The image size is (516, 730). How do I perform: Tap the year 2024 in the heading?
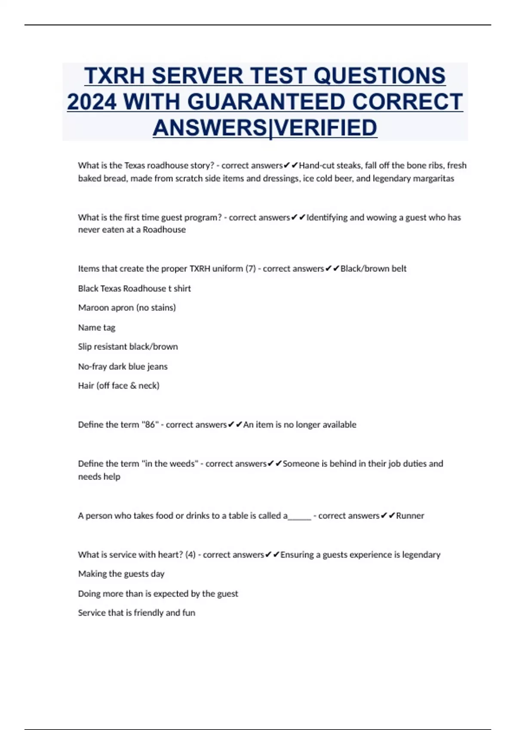click(92, 102)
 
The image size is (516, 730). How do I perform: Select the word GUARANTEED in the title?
click(266, 102)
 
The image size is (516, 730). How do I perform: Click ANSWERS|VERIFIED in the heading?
click(265, 128)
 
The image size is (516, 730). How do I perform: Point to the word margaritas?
click(433, 179)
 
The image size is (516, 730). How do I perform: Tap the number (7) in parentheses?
click(250, 269)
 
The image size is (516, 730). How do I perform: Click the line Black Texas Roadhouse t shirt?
click(134, 289)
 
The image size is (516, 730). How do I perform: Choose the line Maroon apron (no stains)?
click(127, 308)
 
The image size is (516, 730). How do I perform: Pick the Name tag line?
click(97, 328)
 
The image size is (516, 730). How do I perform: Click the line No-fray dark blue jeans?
click(123, 367)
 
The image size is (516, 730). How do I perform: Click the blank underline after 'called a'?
click(299, 516)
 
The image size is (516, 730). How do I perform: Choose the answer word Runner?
click(410, 516)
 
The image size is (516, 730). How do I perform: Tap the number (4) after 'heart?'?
click(190, 555)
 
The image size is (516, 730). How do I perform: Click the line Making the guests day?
click(121, 574)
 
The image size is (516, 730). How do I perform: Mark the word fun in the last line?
click(189, 613)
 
